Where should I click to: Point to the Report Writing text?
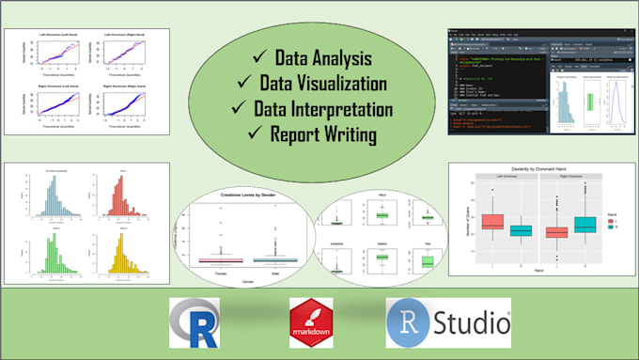click(x=325, y=133)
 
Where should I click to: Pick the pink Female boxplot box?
click(x=222, y=259)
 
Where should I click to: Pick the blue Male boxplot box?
click(x=279, y=259)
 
